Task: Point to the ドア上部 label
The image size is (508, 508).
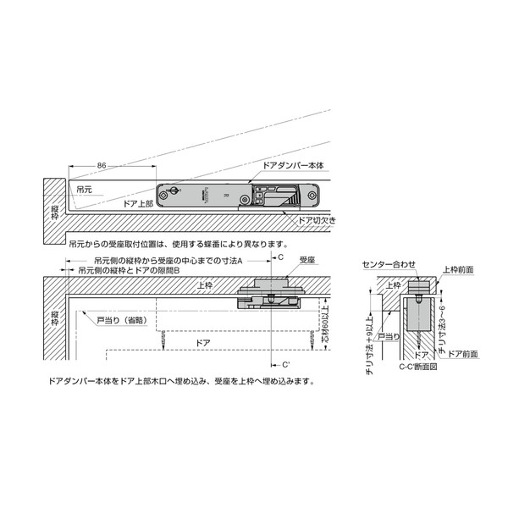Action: click(x=137, y=203)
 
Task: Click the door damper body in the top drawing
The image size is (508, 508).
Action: click(x=240, y=194)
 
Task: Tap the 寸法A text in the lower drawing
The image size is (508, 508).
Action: click(x=229, y=261)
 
